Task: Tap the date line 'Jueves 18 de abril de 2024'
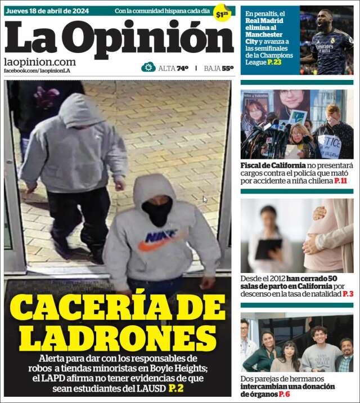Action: (x=46, y=11)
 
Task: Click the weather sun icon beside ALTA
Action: (x=148, y=68)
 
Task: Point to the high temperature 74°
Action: (x=182, y=68)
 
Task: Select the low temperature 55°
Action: (x=227, y=68)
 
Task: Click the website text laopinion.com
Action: (x=39, y=61)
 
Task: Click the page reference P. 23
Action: (x=274, y=62)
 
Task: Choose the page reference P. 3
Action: (x=348, y=294)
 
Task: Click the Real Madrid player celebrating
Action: (x=327, y=42)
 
